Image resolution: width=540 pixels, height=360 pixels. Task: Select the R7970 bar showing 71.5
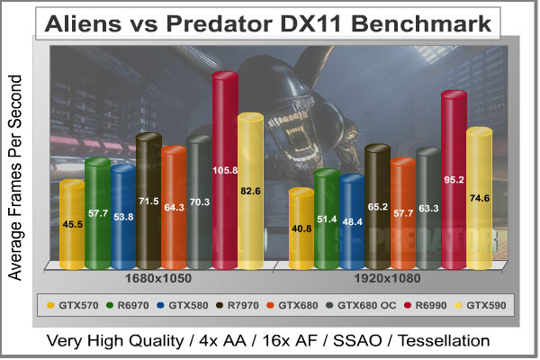tap(148, 201)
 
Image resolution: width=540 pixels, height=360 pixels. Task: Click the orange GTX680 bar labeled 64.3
tap(174, 207)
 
